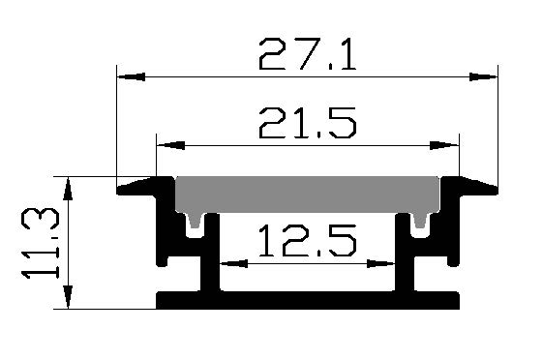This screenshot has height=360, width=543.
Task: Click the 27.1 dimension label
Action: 307,54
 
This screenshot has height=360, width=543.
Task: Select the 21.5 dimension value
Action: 307,123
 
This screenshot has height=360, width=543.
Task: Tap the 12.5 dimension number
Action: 307,241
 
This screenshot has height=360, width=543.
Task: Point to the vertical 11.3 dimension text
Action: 41,243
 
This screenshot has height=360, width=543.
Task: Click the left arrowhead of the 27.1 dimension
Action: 131,76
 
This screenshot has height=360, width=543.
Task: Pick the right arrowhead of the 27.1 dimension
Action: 483,76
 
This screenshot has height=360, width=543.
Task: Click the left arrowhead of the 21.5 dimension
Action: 170,145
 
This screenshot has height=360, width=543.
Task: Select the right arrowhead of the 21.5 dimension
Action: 444,145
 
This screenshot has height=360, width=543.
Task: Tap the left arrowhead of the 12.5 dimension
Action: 234,264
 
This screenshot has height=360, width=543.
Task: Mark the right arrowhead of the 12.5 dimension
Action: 381,264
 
